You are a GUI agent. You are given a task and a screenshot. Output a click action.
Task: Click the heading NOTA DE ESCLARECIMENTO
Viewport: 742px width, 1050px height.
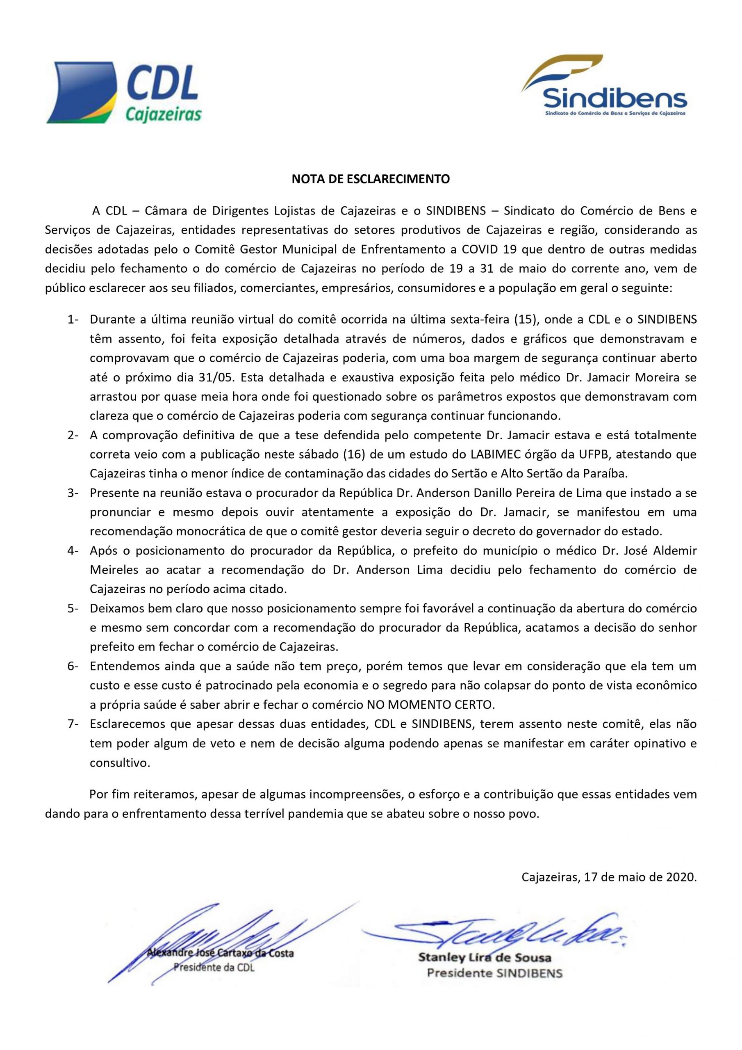[x=371, y=179]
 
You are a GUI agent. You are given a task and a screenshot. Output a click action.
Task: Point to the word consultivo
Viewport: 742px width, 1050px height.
[x=120, y=763]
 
